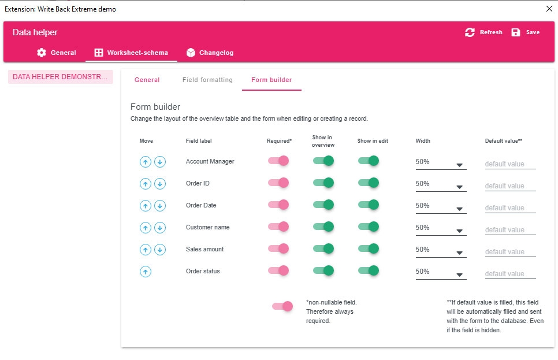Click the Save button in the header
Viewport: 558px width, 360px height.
pos(526,32)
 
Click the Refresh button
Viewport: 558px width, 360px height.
pos(484,32)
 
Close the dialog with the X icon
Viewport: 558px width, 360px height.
pos(549,9)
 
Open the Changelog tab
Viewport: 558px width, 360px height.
pos(210,53)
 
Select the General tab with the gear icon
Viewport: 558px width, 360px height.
pos(57,53)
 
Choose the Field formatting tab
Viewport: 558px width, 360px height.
pos(207,80)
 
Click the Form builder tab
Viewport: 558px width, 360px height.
pos(271,80)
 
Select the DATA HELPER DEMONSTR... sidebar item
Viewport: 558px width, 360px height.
pos(60,77)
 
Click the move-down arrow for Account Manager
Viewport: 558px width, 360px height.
pos(160,162)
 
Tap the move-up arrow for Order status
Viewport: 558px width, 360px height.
pos(146,272)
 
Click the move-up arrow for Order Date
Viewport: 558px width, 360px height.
pos(146,206)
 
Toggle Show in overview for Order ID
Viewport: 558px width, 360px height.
pos(323,183)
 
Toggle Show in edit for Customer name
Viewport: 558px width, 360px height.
pos(369,227)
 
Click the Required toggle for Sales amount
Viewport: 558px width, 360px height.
pos(278,249)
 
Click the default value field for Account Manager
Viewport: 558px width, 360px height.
pos(510,164)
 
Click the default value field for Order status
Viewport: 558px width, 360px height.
pos(510,274)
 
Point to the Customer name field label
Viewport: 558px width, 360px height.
pos(207,228)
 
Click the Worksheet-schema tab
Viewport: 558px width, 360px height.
pos(131,53)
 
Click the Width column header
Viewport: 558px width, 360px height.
pos(423,141)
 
